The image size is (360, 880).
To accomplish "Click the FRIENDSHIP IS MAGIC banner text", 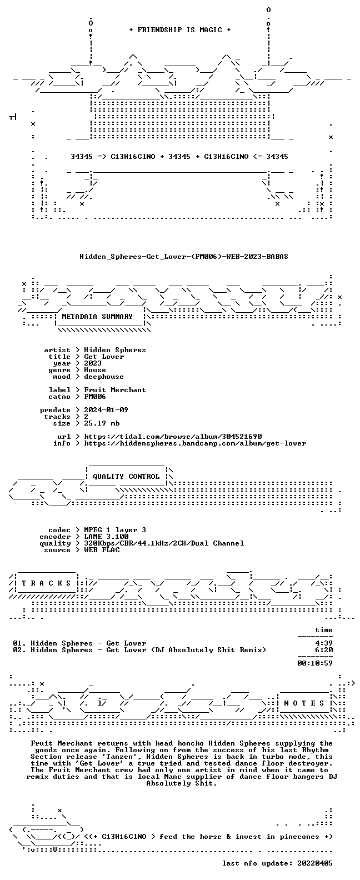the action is (x=179, y=30).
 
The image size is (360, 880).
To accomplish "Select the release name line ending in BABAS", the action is (x=183, y=257).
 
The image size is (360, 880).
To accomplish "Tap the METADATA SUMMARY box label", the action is (x=97, y=317).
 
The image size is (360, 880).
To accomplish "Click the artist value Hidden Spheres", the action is (x=115, y=350).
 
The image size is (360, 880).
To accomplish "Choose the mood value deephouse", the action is (x=104, y=377).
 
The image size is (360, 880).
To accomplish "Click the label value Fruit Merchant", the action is (x=115, y=390).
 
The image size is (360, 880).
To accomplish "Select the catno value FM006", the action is (x=94, y=397).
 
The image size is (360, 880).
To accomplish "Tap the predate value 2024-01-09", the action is (x=106, y=410).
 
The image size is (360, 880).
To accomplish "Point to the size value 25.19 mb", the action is (x=102, y=423).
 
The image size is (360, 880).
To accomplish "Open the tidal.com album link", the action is (x=173, y=437).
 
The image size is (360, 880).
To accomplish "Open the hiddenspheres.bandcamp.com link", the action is (x=195, y=443).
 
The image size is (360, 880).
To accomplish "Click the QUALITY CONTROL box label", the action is (x=126, y=477).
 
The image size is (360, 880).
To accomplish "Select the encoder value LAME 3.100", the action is (x=106, y=537).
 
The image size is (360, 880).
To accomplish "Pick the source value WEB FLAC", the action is (x=102, y=550).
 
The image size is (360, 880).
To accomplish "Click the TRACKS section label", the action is (x=46, y=583).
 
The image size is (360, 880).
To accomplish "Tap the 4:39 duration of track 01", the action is (x=324, y=643).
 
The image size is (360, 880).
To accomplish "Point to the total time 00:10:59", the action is (x=315, y=663).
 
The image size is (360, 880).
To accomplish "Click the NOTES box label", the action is (x=304, y=703).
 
